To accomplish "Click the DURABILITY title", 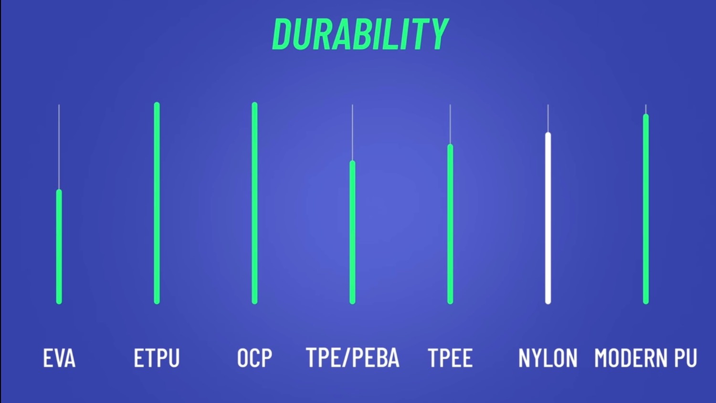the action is [x=360, y=34].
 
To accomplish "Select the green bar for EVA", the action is [x=59, y=247].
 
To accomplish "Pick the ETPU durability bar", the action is [x=157, y=203].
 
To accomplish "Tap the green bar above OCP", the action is [x=254, y=203].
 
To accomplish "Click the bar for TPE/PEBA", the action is [x=352, y=232].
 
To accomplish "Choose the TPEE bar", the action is [x=450, y=224].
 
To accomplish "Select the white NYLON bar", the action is [x=548, y=218].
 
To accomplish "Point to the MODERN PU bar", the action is [x=646, y=209].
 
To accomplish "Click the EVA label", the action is [x=59, y=358].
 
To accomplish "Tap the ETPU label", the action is [x=157, y=358].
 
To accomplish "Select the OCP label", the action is [x=254, y=358].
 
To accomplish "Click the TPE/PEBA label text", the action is [x=353, y=358].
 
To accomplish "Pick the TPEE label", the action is [x=450, y=358].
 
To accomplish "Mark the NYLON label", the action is [x=548, y=358].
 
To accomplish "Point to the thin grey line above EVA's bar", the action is [x=59, y=147].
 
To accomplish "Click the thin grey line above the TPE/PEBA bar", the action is [x=352, y=132].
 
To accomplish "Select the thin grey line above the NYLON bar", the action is [x=548, y=118].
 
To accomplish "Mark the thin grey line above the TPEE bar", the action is [x=450, y=124].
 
